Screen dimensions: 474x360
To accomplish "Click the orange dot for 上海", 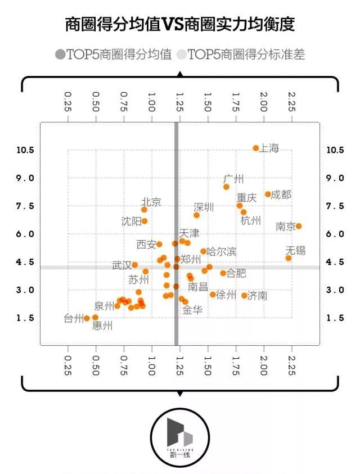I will point(256,148).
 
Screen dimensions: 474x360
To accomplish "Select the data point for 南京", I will point(299,226).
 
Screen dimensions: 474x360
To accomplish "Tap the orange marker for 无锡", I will point(289,258).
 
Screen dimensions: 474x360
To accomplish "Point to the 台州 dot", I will point(87,318).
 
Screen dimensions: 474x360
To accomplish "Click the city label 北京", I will point(151,202).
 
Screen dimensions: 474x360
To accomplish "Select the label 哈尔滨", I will point(222,251).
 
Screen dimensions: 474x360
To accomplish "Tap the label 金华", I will point(192,309).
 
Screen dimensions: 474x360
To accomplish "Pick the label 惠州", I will point(102,326).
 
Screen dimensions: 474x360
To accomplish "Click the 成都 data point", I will point(268,194).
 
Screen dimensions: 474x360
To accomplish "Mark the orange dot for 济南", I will point(244,296).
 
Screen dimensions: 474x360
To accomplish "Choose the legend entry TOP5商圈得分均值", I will point(114,55).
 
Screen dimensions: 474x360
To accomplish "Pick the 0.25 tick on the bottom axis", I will point(68,365).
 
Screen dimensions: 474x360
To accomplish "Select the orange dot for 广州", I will point(227,187).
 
